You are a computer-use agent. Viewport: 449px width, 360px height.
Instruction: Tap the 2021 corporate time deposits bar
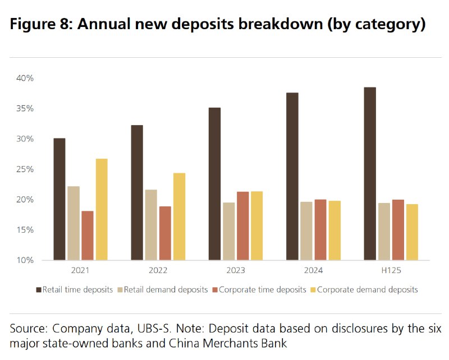(88, 236)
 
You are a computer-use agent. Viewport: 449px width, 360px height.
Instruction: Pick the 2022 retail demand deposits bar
(151, 225)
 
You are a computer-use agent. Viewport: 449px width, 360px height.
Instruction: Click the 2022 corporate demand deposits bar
(179, 216)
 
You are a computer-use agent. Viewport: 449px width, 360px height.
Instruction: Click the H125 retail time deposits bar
(370, 174)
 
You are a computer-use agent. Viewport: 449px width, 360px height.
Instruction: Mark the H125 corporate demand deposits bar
(412, 232)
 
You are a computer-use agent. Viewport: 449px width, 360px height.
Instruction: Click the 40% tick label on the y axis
(25, 78)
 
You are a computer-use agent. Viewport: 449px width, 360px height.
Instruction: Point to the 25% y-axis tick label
(25, 169)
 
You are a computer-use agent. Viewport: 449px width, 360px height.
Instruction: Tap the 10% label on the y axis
(25, 260)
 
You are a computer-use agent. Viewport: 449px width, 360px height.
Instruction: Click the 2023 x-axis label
(236, 270)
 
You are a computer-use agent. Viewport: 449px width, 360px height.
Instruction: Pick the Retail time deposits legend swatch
(39, 290)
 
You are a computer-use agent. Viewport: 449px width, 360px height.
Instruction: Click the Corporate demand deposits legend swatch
(313, 290)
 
